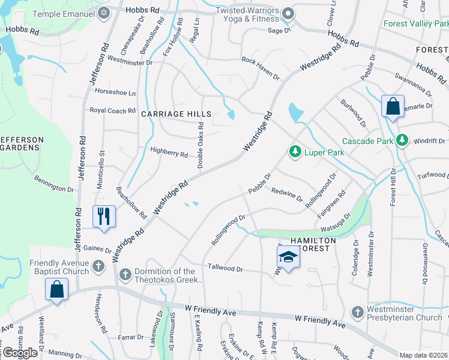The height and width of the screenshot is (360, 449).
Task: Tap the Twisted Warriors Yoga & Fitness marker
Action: [288, 13]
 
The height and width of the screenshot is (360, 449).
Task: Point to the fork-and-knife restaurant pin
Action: [104, 217]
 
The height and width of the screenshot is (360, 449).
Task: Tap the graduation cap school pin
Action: [288, 258]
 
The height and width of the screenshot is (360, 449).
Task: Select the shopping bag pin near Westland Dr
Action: [56, 290]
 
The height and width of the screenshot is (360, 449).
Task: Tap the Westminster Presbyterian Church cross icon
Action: [357, 312]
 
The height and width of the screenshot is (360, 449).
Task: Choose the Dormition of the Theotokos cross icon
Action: [125, 274]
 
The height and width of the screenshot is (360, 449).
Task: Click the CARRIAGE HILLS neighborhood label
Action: [176, 114]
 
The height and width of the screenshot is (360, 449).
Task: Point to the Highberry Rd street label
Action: [169, 154]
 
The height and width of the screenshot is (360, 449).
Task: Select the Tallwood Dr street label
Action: [225, 268]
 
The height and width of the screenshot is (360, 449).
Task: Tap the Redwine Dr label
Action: [287, 196]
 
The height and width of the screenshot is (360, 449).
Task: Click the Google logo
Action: [19, 353]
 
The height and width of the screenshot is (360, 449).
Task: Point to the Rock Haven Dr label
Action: [261, 68]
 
